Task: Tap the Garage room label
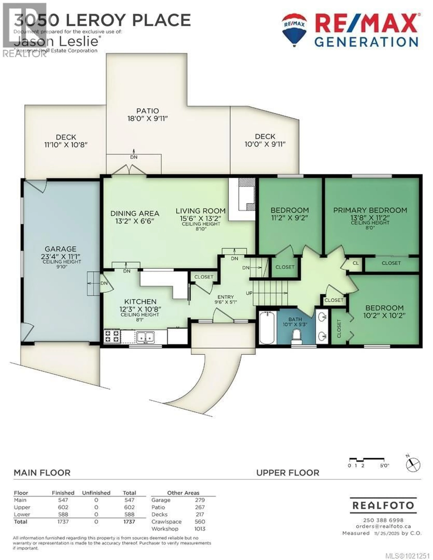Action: click(x=61, y=249)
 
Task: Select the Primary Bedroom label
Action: click(x=370, y=210)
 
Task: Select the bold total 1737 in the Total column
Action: click(x=129, y=522)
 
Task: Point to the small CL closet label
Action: click(x=356, y=263)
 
